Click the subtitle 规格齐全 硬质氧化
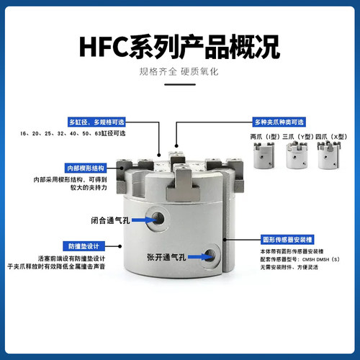[x=179, y=73]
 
